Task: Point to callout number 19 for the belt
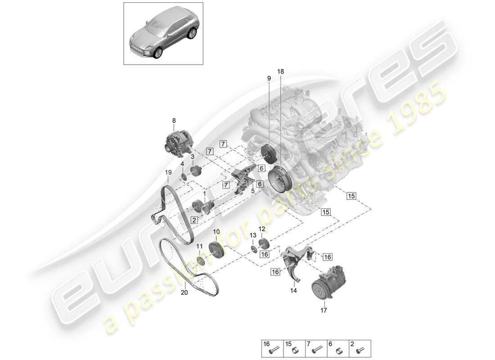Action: click(167, 172)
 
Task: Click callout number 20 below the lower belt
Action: click(184, 292)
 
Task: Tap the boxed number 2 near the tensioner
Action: click(194, 220)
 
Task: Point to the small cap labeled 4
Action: click(184, 175)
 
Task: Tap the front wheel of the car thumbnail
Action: click(157, 53)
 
